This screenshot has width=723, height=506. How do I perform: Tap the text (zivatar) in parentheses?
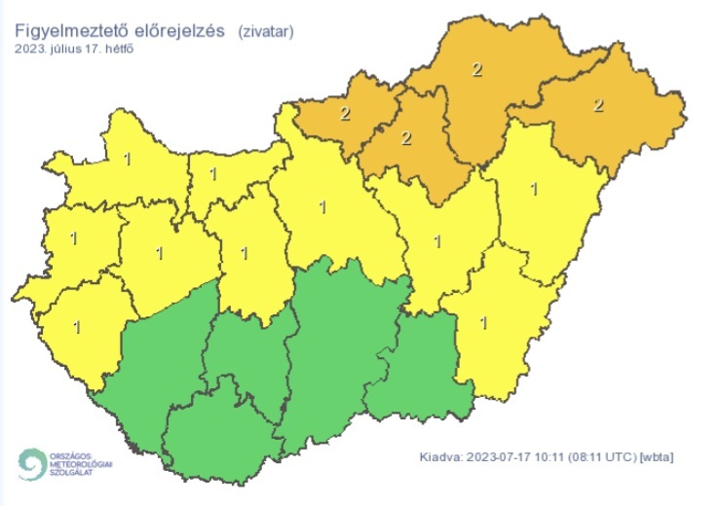coord(265,31)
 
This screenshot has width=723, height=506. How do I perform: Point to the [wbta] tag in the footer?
coord(656,456)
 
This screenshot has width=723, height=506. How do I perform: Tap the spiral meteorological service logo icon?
coord(31,463)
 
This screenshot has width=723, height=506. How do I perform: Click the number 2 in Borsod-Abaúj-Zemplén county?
coord(476,69)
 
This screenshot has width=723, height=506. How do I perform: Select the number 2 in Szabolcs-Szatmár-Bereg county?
coord(598,104)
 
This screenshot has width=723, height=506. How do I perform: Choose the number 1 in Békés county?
coord(486,321)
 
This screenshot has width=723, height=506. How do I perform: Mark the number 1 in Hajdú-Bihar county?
coord(532,189)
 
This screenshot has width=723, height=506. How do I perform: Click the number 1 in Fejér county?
coord(245,253)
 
